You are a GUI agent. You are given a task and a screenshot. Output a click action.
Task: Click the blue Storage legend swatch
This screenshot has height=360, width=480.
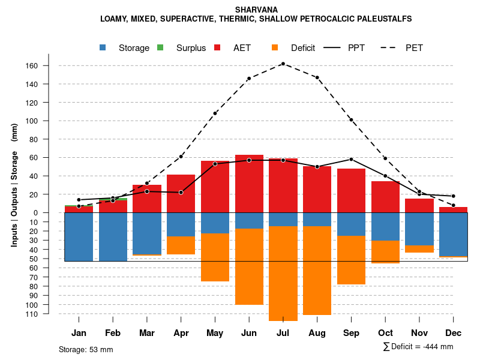point(103,48)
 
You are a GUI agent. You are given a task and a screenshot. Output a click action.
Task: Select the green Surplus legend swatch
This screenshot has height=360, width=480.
point(160,48)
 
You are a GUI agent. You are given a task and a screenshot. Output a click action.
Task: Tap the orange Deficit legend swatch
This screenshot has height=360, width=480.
point(275,48)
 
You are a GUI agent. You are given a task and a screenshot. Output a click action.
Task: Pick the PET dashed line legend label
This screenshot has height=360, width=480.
point(414,48)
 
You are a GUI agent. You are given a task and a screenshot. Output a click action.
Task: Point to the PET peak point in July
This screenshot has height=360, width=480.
point(283,64)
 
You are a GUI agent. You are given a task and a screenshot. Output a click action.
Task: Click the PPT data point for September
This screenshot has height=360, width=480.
point(351,159)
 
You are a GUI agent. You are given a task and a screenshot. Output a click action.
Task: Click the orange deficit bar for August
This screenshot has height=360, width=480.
point(317,270)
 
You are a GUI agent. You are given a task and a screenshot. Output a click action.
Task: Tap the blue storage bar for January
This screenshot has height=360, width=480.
point(79,236)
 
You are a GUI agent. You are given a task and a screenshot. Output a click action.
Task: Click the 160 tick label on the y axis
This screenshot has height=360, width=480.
point(49,65)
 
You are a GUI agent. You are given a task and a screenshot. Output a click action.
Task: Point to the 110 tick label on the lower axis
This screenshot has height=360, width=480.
point(49,314)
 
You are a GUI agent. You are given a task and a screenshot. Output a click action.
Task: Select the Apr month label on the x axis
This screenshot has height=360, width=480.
point(181,333)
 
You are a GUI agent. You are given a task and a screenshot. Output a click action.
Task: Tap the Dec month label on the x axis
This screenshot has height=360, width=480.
point(454,333)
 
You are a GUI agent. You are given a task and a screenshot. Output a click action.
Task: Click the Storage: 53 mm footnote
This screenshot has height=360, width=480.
point(86,349)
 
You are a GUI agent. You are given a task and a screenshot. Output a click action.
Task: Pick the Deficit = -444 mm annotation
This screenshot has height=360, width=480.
point(418,346)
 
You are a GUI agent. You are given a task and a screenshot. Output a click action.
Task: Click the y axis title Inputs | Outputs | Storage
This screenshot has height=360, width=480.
point(14,185)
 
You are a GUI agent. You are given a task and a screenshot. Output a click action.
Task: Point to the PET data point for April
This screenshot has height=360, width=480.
point(181,157)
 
